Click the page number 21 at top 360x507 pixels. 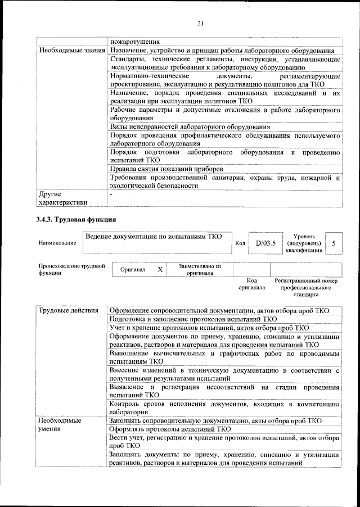click(x=200, y=22)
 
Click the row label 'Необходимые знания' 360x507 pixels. click(x=72, y=51)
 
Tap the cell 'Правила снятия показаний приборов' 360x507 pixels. click(x=166, y=169)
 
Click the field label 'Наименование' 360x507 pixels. click(x=57, y=243)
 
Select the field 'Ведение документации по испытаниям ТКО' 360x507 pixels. click(x=155, y=237)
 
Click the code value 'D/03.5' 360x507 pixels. click(x=265, y=243)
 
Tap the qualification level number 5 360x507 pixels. click(x=334, y=243)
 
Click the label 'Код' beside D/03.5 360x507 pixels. click(x=240, y=243)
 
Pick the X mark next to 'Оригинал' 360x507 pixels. click(x=160, y=270)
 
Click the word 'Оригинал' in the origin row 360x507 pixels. click(x=133, y=270)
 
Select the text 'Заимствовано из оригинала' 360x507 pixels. click(x=200, y=270)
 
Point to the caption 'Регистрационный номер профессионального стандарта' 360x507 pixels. click(x=305, y=287)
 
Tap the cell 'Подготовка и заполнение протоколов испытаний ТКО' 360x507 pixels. click(x=193, y=319)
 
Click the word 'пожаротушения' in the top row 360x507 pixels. click(x=135, y=42)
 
